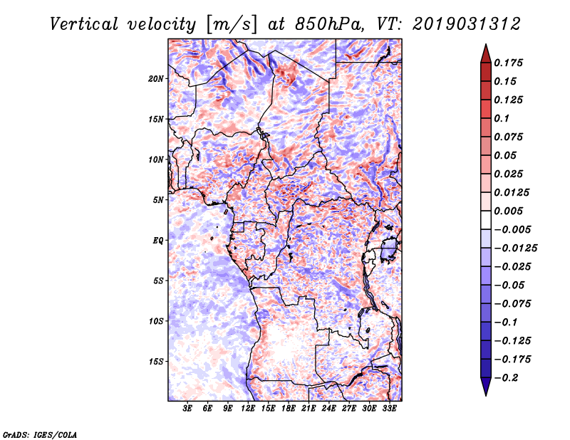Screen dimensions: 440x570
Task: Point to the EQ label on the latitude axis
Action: coord(158,240)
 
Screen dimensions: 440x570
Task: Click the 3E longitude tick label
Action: coord(188,409)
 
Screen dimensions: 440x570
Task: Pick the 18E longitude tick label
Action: coord(289,409)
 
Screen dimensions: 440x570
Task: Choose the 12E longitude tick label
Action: coord(249,409)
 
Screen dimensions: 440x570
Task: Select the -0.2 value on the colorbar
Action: coord(510,378)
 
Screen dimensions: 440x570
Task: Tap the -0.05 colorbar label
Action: coord(512,285)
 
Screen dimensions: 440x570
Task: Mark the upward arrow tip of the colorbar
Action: coord(485,46)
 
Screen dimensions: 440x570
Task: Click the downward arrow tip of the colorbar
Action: coord(485,393)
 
